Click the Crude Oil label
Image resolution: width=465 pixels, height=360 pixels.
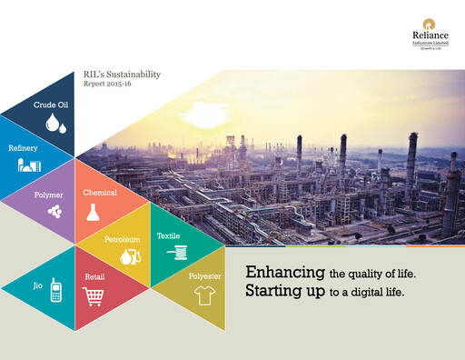click(x=51, y=105)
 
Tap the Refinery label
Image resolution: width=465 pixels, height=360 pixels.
click(x=23, y=147)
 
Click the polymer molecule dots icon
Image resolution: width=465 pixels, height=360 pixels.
click(x=55, y=210)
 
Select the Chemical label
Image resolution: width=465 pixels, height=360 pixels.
click(x=99, y=193)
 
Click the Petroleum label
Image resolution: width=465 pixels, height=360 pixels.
click(x=122, y=240)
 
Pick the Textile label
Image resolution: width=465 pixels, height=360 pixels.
click(x=168, y=235)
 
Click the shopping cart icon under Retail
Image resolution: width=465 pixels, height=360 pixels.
click(x=93, y=295)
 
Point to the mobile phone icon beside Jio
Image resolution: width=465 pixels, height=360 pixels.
click(x=55, y=290)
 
